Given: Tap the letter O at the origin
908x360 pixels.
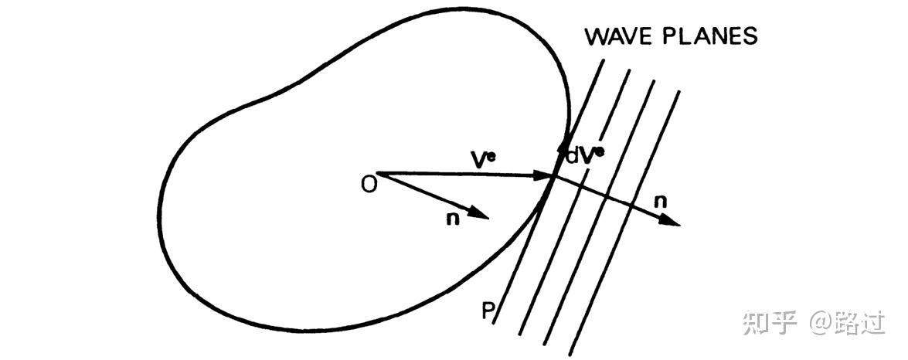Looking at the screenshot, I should click(369, 185).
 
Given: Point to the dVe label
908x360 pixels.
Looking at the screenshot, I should click(585, 155).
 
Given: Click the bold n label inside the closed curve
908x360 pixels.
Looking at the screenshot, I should click(452, 219).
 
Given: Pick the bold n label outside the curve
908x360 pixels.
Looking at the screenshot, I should click(660, 202).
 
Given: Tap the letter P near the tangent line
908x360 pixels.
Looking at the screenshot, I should click(488, 311).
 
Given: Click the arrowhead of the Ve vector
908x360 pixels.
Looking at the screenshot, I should click(546, 177).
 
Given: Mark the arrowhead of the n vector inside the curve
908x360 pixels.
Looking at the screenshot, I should click(481, 216).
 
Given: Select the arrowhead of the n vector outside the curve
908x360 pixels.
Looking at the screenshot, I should click(672, 222).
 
